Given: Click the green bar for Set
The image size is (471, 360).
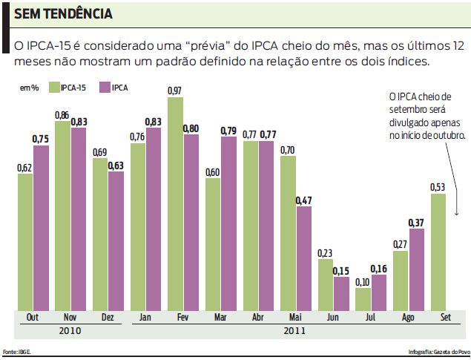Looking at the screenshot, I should coord(438,252).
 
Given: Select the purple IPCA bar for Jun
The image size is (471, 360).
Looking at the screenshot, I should coord(340,293).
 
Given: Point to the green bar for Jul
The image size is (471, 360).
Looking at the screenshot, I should coord(363,298).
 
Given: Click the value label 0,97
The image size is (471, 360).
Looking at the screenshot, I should coord(175,91).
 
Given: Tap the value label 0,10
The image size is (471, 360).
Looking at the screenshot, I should coord(363,282).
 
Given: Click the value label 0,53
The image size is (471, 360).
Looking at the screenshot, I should coord(438,187).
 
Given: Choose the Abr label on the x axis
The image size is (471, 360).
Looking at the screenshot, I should coord(257,318).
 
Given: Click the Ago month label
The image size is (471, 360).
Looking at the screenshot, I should coord(408,318).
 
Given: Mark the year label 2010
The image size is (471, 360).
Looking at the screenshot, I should coord(70,330).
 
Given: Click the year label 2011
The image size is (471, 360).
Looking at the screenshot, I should coord(295,330).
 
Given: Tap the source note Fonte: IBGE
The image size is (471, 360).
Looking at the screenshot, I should coord(14,351).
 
